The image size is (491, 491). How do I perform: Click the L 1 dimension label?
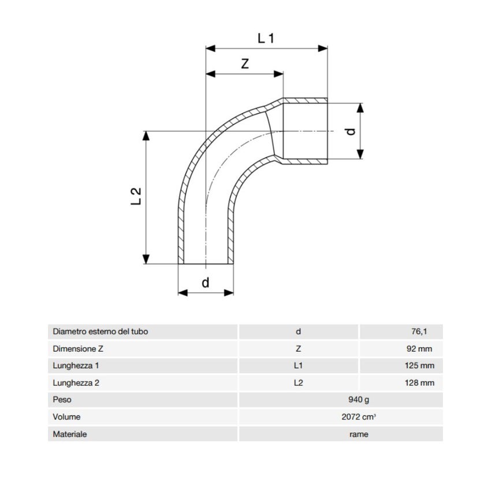coord(266,38)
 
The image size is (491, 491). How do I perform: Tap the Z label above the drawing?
coord(245,64)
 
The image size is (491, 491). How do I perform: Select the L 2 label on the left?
coord(136,196)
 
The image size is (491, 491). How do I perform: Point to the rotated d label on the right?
coord(352,131)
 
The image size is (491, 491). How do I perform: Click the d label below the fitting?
coord(206,282)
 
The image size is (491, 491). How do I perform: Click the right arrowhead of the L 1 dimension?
coord(323,49)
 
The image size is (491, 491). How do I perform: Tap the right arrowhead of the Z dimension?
coord(278,74)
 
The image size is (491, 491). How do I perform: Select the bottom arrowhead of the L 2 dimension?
coord(146,259)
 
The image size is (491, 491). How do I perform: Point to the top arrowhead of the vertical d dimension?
coord(360,107)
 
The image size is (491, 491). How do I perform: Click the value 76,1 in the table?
coord(419,332)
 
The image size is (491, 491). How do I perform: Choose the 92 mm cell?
coord(419,349)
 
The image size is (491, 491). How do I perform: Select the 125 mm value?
coord(419,366)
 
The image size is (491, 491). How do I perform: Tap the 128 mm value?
coord(419,383)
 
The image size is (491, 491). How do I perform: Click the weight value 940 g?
coord(359,400)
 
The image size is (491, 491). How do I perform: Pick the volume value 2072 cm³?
coord(359,417)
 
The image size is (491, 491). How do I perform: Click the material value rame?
coord(359,434)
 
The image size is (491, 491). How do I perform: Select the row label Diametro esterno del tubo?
coord(100,332)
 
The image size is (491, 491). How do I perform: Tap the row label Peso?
coord(62,400)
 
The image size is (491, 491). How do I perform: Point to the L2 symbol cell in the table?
coord(298,383)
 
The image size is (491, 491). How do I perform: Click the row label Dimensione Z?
coord(77,349)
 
